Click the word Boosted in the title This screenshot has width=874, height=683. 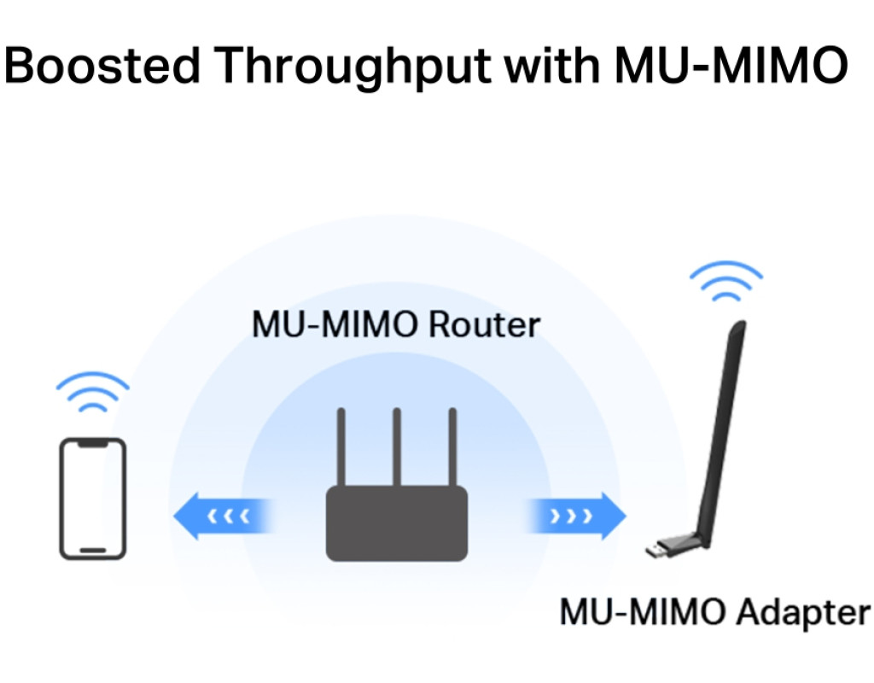tap(102, 65)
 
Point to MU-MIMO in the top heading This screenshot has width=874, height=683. tap(730, 65)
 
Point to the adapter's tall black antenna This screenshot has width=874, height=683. tap(721, 427)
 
